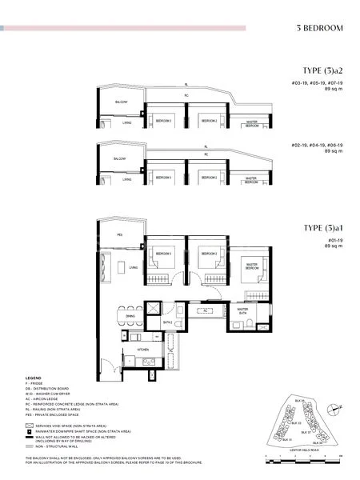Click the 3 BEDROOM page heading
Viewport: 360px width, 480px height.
[x=318, y=29]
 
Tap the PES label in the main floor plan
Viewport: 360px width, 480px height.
[x=119, y=235]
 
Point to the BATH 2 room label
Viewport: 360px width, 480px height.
[x=168, y=322]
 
